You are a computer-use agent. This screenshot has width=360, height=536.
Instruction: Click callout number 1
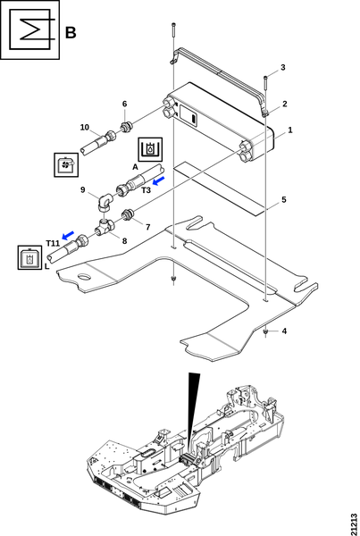click(290, 130)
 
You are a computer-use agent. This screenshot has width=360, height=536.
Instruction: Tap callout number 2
click(284, 104)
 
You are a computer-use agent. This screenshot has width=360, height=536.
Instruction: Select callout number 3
click(283, 67)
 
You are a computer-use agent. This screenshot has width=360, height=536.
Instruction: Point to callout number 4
click(284, 331)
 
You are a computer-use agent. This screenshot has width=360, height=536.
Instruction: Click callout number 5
click(284, 199)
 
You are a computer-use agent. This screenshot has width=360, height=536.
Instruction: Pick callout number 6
click(124, 104)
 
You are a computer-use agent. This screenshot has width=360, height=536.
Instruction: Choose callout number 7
click(148, 227)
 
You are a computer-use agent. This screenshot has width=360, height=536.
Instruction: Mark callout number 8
click(124, 241)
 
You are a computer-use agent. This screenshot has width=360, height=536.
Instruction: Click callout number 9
click(83, 189)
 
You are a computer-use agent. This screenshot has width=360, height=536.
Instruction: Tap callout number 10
click(85, 128)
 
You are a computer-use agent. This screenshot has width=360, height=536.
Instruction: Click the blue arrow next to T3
click(158, 180)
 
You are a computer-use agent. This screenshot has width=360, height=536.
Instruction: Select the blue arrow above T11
click(68, 235)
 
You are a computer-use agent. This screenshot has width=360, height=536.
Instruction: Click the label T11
click(53, 243)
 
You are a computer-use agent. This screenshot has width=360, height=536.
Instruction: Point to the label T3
click(146, 190)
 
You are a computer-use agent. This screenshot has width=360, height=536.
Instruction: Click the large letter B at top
click(71, 33)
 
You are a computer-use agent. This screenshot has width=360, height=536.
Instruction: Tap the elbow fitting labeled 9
click(105, 202)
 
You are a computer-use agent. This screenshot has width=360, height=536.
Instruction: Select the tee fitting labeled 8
click(105, 227)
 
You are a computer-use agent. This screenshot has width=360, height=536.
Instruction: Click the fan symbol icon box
click(66, 164)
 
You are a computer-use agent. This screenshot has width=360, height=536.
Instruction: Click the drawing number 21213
click(354, 524)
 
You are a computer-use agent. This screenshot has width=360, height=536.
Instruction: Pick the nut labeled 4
click(265, 332)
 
